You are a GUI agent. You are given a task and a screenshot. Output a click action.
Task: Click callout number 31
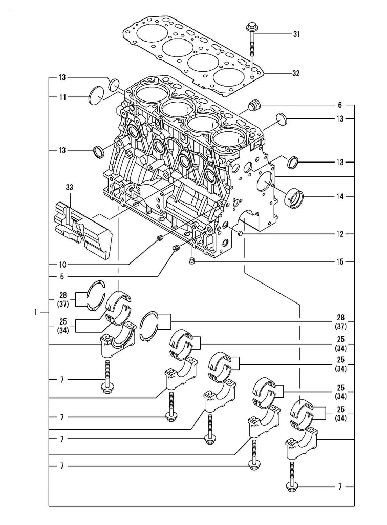(296, 34)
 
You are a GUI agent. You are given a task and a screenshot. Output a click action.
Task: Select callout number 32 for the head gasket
(296, 73)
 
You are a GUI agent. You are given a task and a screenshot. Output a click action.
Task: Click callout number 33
(69, 188)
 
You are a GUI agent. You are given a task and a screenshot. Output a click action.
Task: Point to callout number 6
(340, 105)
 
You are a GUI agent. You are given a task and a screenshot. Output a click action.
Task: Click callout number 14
(340, 196)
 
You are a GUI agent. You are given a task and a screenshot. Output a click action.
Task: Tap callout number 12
(340, 234)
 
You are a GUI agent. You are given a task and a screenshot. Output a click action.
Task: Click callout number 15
(340, 262)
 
